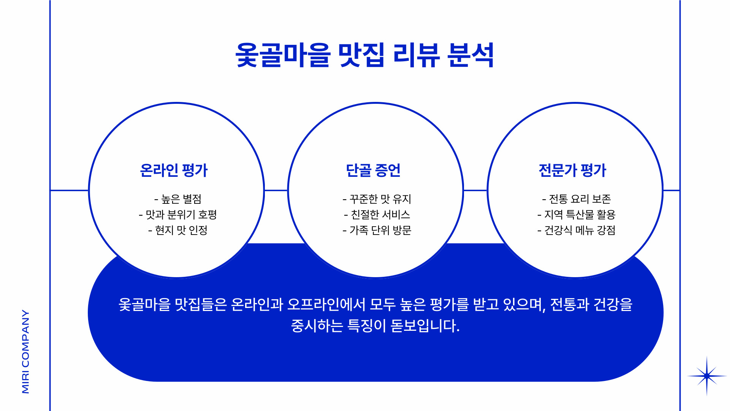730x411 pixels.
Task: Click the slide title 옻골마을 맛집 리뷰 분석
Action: point(364,56)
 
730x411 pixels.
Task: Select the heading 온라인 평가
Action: point(174,170)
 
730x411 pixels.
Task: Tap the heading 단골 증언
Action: point(373,170)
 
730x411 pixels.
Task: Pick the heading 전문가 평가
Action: point(572,170)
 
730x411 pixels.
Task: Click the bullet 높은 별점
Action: point(178,199)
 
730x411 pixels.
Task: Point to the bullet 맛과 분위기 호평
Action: point(178,215)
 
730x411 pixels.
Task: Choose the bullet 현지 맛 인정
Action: point(178,230)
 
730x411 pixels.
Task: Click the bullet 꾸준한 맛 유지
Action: point(377,199)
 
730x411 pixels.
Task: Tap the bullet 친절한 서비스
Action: point(377,215)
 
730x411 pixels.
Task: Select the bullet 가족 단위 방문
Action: point(377,230)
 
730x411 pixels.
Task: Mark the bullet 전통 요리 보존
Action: point(576,199)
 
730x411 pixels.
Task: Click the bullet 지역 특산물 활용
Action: point(576,215)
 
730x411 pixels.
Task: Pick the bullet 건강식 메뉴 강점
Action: point(576,230)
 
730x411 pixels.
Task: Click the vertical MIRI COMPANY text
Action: point(25,351)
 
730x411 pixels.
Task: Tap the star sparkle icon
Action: point(706,376)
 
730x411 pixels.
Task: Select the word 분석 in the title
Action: point(471,56)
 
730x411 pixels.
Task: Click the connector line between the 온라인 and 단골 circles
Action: point(276,190)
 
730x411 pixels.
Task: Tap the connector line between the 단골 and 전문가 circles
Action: point(475,190)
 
